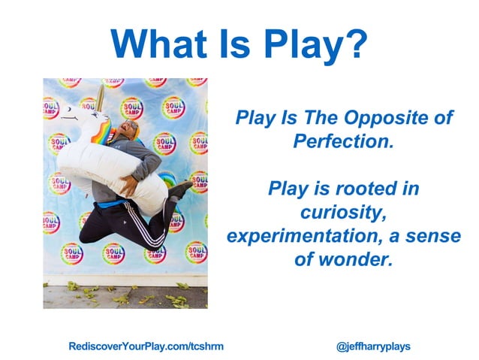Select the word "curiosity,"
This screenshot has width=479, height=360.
pos(343,211)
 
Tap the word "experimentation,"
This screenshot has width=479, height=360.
pos(308,234)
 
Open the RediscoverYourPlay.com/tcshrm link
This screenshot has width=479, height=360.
pos(146,346)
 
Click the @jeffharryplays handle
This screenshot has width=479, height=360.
pos(373,346)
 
